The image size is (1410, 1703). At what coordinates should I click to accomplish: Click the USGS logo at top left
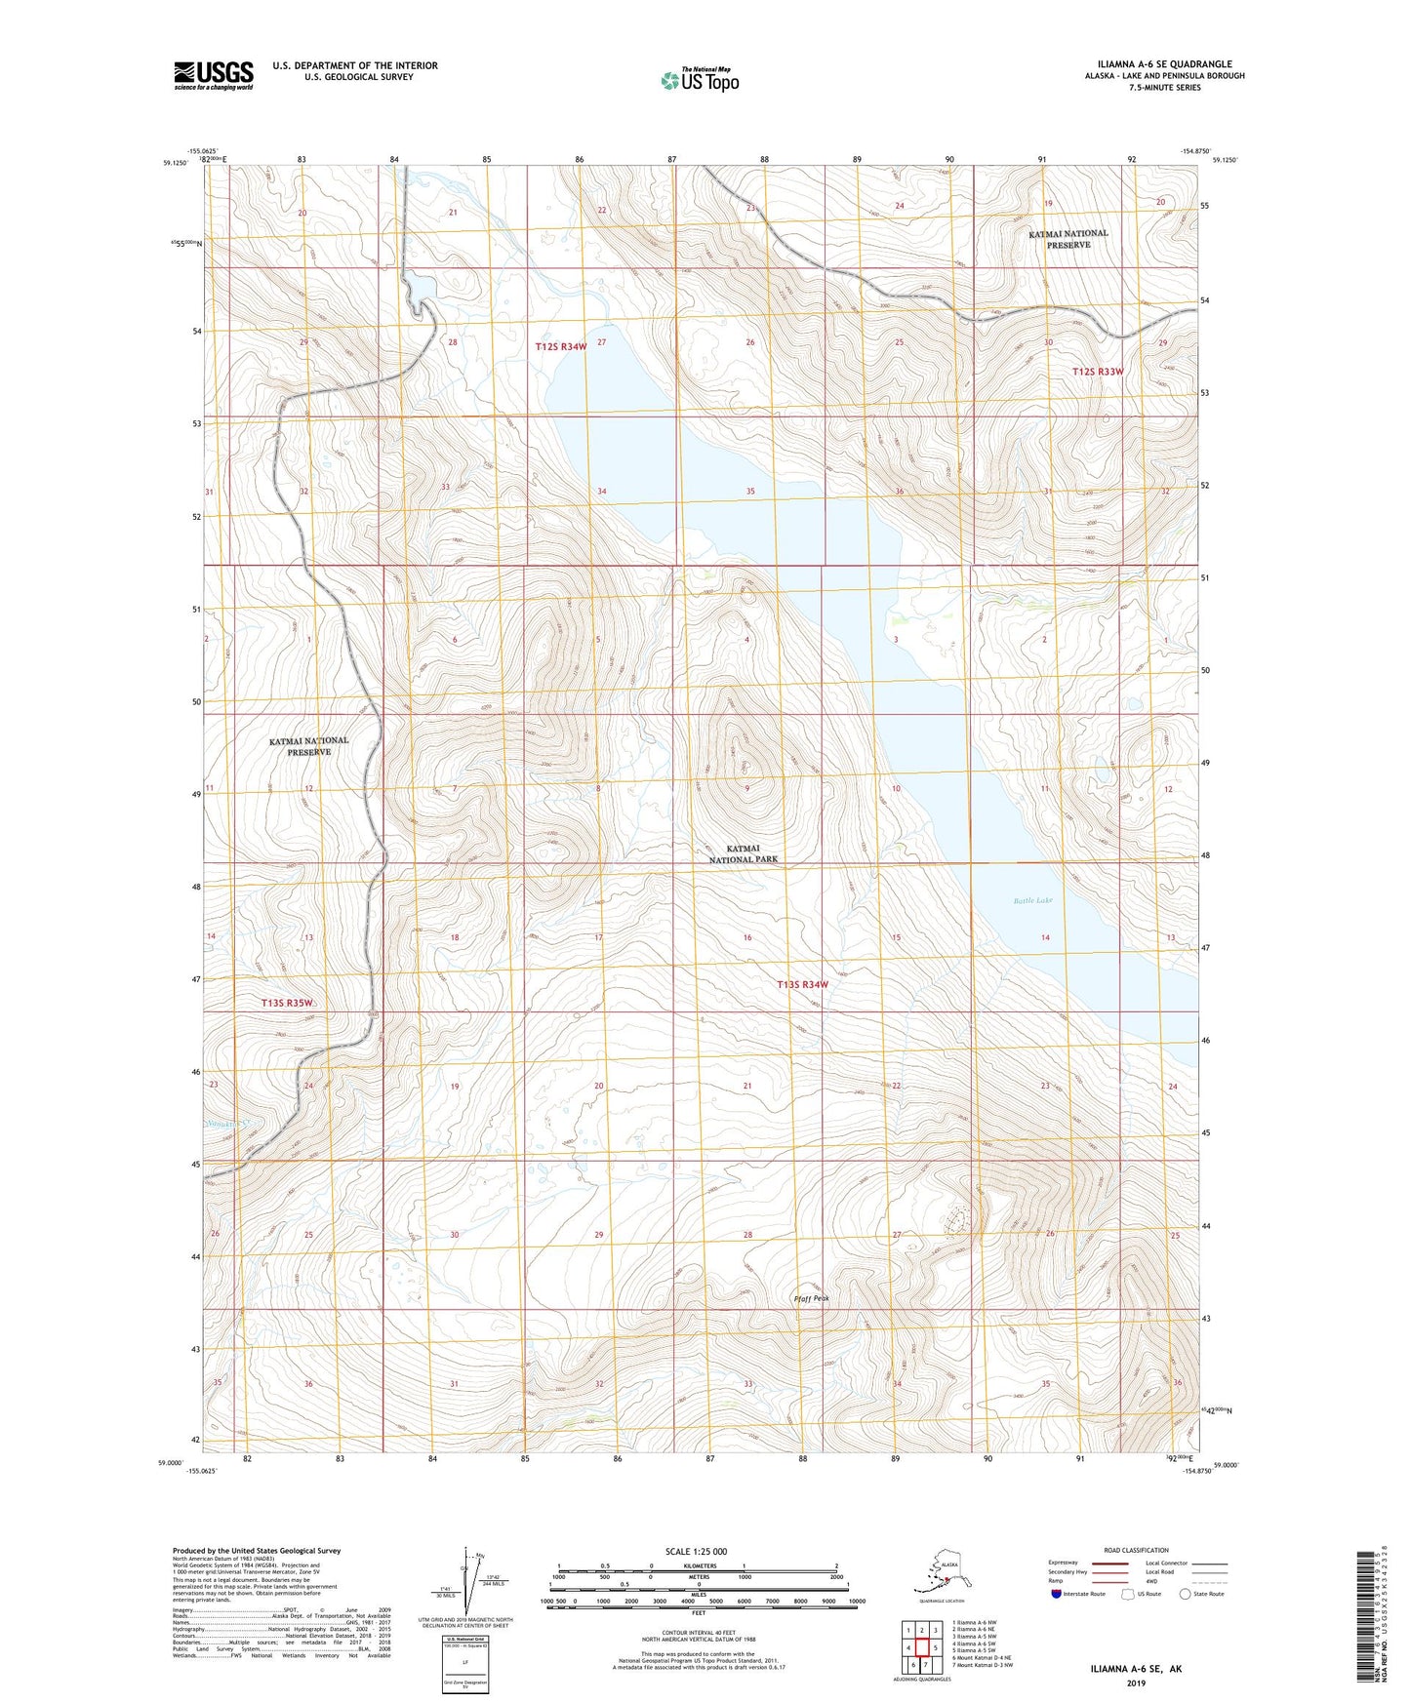[x=213, y=75]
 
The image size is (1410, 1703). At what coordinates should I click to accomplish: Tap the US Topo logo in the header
[x=699, y=80]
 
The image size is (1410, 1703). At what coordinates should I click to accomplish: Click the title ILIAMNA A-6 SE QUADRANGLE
[x=1157, y=64]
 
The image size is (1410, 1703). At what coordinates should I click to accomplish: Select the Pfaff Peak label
[x=811, y=1299]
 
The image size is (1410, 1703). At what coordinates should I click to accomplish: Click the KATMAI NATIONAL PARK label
[x=744, y=854]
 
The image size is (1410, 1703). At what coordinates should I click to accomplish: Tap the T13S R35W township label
[x=287, y=1003]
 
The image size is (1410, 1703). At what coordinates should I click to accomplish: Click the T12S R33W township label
[x=1098, y=372]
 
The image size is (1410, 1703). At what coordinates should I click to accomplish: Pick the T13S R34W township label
[x=802, y=984]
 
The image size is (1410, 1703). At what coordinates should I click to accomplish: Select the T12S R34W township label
[x=561, y=346]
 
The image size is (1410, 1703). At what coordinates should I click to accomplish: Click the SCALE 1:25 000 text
[x=696, y=1551]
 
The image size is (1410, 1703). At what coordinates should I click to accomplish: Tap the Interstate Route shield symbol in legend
[x=1056, y=1594]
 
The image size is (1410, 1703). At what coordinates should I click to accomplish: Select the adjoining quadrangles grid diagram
[x=921, y=1647]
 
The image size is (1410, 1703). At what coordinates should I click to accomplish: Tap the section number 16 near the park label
[x=747, y=937]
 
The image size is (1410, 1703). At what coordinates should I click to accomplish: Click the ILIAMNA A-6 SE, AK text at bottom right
[x=1136, y=1669]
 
